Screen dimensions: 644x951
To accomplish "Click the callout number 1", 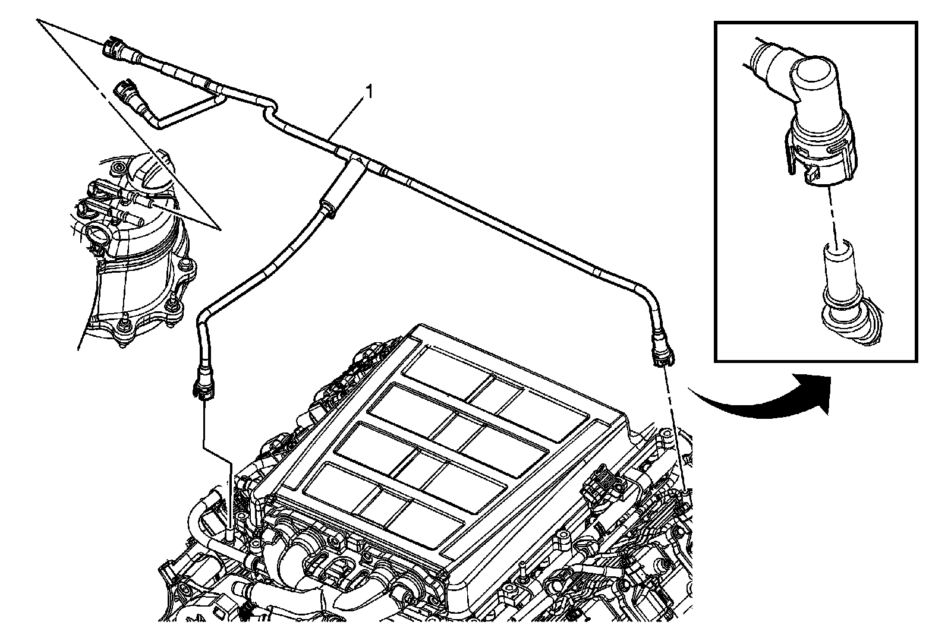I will coord(369,92).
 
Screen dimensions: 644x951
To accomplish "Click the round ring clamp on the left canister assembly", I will coord(98,234).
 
